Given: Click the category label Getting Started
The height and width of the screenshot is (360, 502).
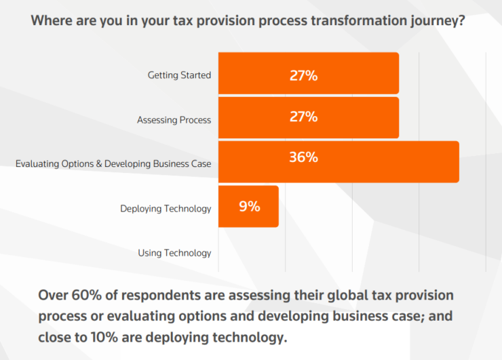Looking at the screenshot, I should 179,75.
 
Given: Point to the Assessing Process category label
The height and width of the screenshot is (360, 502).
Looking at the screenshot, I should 174,120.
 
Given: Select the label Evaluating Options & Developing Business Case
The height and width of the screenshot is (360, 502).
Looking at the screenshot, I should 113,164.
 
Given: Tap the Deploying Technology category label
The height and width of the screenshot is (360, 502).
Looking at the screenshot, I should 166,209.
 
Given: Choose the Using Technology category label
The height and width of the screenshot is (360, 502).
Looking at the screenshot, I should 174,253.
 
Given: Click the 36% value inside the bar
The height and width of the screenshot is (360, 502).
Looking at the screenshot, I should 303,157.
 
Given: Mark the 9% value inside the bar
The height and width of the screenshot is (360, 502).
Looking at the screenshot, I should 249,207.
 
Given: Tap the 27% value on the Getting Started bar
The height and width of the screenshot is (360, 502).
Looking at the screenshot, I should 303,75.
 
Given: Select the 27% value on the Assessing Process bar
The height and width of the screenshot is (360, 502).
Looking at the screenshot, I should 303,117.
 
